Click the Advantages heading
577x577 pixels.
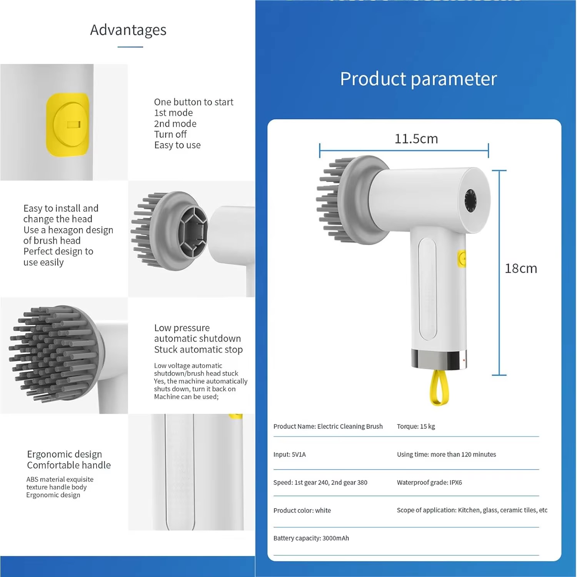tap(128, 30)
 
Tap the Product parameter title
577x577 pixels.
tap(419, 79)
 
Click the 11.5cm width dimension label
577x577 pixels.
tap(416, 138)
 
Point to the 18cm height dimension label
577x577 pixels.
tap(521, 268)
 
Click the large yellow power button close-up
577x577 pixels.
tap(68, 125)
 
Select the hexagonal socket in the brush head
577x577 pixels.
tap(193, 231)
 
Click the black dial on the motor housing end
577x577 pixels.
tap(470, 200)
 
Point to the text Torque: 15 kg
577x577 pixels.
tap(416, 426)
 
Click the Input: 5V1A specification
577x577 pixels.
tap(290, 454)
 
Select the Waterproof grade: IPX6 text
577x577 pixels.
tap(429, 482)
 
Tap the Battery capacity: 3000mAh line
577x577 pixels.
tap(311, 538)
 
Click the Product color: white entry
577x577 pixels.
tap(302, 510)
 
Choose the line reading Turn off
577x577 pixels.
tap(170, 134)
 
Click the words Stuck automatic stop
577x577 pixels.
tap(198, 349)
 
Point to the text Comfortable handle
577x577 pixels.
tap(69, 465)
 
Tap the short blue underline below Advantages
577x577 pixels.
tap(130, 47)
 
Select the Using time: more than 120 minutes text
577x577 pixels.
tap(446, 454)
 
